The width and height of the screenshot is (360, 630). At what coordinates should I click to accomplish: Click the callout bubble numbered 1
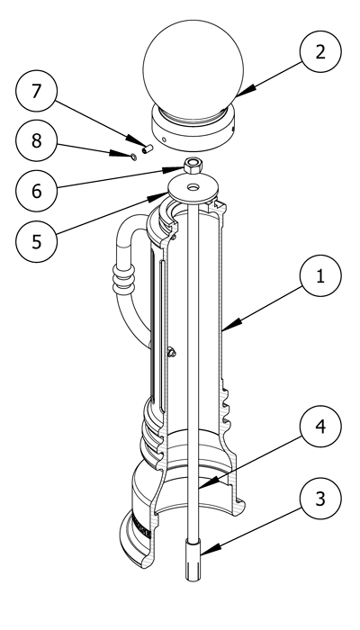pyautogui.click(x=320, y=276)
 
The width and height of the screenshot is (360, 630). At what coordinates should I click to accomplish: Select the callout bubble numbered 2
pyautogui.click(x=320, y=52)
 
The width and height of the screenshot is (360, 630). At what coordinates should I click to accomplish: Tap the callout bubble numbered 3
pyautogui.click(x=320, y=499)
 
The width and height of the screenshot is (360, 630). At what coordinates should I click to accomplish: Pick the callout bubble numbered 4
pyautogui.click(x=320, y=427)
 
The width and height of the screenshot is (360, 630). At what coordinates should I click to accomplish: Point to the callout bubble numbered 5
pyautogui.click(x=37, y=241)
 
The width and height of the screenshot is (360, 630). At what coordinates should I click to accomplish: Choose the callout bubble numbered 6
pyautogui.click(x=37, y=191)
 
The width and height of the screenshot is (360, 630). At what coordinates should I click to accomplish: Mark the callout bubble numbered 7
pyautogui.click(x=37, y=91)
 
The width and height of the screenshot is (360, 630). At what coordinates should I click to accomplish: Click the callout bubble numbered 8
pyautogui.click(x=37, y=141)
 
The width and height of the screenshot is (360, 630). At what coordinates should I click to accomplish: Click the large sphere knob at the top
pyautogui.click(x=193, y=69)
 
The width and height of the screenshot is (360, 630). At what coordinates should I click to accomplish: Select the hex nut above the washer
pyautogui.click(x=193, y=165)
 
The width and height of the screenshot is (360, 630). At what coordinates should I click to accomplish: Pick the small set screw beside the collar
pyautogui.click(x=148, y=148)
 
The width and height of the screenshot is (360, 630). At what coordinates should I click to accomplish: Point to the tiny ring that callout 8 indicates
pyautogui.click(x=134, y=157)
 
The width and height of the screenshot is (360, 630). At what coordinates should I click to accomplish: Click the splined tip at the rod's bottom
pyautogui.click(x=193, y=560)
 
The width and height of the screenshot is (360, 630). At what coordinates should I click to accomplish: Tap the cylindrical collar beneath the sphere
pyautogui.click(x=193, y=128)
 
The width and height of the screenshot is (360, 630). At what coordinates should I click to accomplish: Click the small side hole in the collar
pyautogui.click(x=164, y=139)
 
